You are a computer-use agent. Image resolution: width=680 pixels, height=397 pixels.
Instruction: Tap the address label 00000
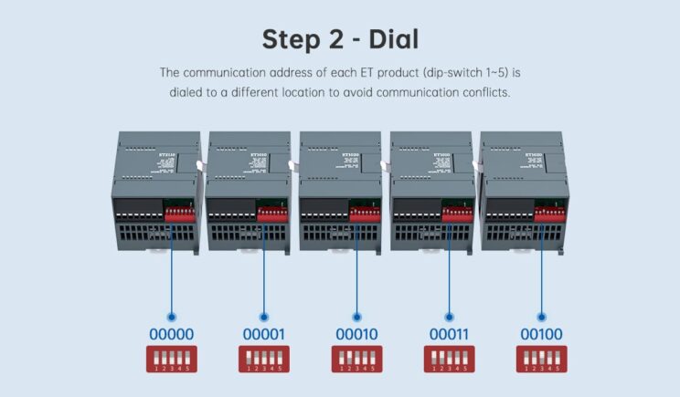(x=171, y=334)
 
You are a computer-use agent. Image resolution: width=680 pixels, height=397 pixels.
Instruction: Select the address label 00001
(x=263, y=334)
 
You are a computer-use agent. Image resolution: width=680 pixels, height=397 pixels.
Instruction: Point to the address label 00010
(x=356, y=334)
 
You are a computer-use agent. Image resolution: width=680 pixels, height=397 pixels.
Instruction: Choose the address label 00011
(x=448, y=334)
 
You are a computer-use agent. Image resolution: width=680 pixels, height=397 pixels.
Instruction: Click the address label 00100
(x=540, y=334)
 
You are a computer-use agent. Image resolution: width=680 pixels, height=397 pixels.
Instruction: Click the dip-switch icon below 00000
(x=171, y=359)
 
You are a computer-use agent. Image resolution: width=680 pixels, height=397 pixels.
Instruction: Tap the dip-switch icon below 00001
(x=263, y=359)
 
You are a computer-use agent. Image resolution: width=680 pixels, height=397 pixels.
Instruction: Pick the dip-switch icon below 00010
(x=356, y=359)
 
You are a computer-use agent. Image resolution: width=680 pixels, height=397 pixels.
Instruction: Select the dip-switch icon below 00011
(x=448, y=359)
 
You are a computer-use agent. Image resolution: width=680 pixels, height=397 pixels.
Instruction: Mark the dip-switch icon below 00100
(x=540, y=359)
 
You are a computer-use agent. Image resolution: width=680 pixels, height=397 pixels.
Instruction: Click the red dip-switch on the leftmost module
(x=181, y=214)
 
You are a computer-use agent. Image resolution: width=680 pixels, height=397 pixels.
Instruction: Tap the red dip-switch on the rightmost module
(x=549, y=214)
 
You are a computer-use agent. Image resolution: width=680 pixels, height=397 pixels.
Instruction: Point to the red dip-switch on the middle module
(x=366, y=214)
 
